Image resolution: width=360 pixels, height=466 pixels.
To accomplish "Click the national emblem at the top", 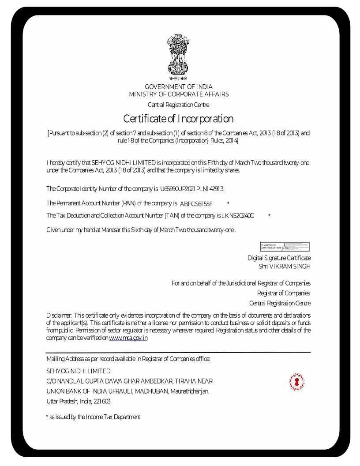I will pyautogui.click(x=178, y=56).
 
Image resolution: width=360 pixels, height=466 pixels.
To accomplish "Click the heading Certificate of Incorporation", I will pyautogui.click(x=178, y=119).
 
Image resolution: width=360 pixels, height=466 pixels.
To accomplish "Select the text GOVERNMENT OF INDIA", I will pyautogui.click(x=178, y=86).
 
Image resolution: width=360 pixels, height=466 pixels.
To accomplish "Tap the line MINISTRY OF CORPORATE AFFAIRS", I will pyautogui.click(x=178, y=94).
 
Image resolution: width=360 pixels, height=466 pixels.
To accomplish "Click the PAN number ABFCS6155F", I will pyautogui.click(x=196, y=203).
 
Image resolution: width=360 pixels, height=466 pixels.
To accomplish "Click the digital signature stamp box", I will pyautogui.click(x=285, y=247).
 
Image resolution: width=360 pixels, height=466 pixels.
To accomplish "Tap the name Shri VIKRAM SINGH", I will pyautogui.click(x=285, y=267).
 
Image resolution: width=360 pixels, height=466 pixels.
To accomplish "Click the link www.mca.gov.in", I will pyautogui.click(x=128, y=338).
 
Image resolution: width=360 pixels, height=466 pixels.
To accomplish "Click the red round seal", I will pyautogui.click(x=297, y=382).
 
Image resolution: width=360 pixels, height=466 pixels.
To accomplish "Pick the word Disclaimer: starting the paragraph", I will pyautogui.click(x=59, y=315).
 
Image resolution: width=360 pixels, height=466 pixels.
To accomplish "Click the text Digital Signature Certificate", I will pyautogui.click(x=279, y=258).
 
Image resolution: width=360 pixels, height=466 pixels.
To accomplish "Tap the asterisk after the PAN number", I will pyautogui.click(x=228, y=203).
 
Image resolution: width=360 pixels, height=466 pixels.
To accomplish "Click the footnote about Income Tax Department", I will pyautogui.click(x=93, y=417).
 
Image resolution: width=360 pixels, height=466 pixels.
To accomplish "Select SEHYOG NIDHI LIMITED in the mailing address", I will pyautogui.click(x=79, y=371).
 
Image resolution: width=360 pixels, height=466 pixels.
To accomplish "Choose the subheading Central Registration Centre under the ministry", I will pyautogui.click(x=178, y=105).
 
